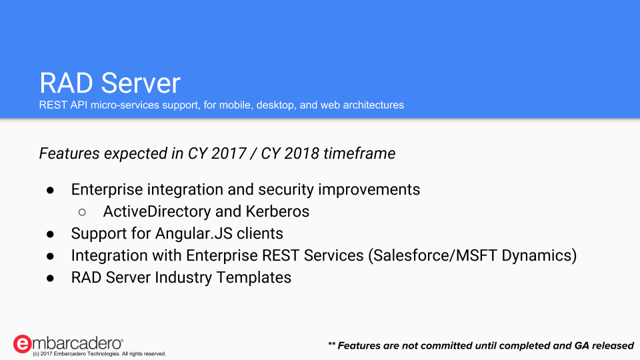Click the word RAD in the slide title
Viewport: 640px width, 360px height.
(x=67, y=83)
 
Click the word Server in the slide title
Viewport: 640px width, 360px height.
(x=141, y=83)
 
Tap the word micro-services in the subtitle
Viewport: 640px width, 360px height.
(x=125, y=105)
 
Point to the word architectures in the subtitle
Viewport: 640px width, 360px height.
(x=373, y=105)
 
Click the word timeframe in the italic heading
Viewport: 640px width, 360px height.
(x=359, y=153)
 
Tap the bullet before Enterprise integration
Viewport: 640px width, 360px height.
(x=50, y=190)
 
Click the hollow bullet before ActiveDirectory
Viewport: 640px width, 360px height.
(x=82, y=212)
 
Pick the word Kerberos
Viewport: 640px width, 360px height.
(x=277, y=211)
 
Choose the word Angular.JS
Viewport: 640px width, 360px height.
(x=194, y=233)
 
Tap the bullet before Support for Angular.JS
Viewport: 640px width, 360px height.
(x=50, y=234)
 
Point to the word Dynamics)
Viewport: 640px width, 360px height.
(x=539, y=255)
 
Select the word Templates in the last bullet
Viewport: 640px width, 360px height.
(x=253, y=277)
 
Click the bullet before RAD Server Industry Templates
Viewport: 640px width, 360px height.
(x=50, y=279)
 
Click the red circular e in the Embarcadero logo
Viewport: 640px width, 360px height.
(x=22, y=344)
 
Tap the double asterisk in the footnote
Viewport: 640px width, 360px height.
(x=331, y=344)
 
